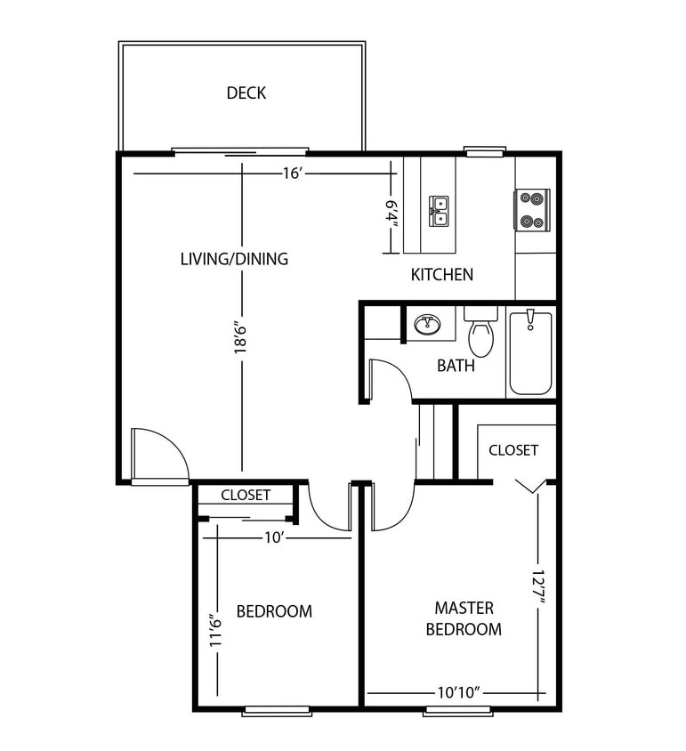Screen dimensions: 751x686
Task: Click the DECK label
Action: pyautogui.click(x=246, y=93)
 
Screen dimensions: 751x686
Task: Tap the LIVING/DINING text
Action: pyautogui.click(x=234, y=259)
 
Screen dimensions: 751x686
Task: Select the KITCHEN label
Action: pyautogui.click(x=441, y=274)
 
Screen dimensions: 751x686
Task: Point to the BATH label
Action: pyautogui.click(x=455, y=366)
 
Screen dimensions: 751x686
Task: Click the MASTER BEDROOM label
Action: pyautogui.click(x=464, y=618)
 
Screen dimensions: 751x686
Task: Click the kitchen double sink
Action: pyautogui.click(x=439, y=211)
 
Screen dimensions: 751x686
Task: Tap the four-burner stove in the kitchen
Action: pyautogui.click(x=532, y=209)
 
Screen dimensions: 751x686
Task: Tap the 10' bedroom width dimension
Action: pyautogui.click(x=273, y=537)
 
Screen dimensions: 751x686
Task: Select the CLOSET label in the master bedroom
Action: pyautogui.click(x=513, y=449)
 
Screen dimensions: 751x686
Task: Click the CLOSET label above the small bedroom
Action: pyautogui.click(x=246, y=495)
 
